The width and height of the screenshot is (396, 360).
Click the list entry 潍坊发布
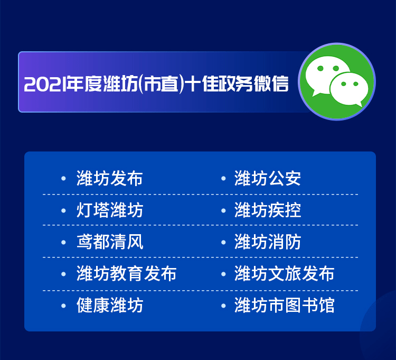pos(110,178)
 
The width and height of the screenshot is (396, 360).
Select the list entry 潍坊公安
pos(268,178)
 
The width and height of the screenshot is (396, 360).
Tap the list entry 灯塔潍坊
pos(110,210)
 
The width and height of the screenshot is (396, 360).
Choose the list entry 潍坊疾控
pos(268,210)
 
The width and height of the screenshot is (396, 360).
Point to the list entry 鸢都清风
pos(110,242)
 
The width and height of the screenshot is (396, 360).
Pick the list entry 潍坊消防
pos(268,242)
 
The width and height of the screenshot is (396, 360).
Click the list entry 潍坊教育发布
pos(126,273)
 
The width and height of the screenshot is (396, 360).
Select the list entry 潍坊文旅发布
pos(284,273)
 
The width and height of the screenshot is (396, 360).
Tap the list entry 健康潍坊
pos(110,305)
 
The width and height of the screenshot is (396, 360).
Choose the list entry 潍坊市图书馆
pos(284,305)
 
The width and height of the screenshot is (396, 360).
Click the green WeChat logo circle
pos(337,81)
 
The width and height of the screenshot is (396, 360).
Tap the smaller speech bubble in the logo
pos(349,89)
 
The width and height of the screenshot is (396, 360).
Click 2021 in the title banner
pos(45,84)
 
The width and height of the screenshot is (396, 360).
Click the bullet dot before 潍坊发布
pos(64,179)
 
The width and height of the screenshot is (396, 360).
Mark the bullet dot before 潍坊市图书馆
pos(223,306)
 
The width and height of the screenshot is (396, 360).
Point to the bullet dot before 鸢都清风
pos(64,243)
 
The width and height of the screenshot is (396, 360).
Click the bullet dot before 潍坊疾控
pos(223,210)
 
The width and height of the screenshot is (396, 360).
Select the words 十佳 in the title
pos(202,84)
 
